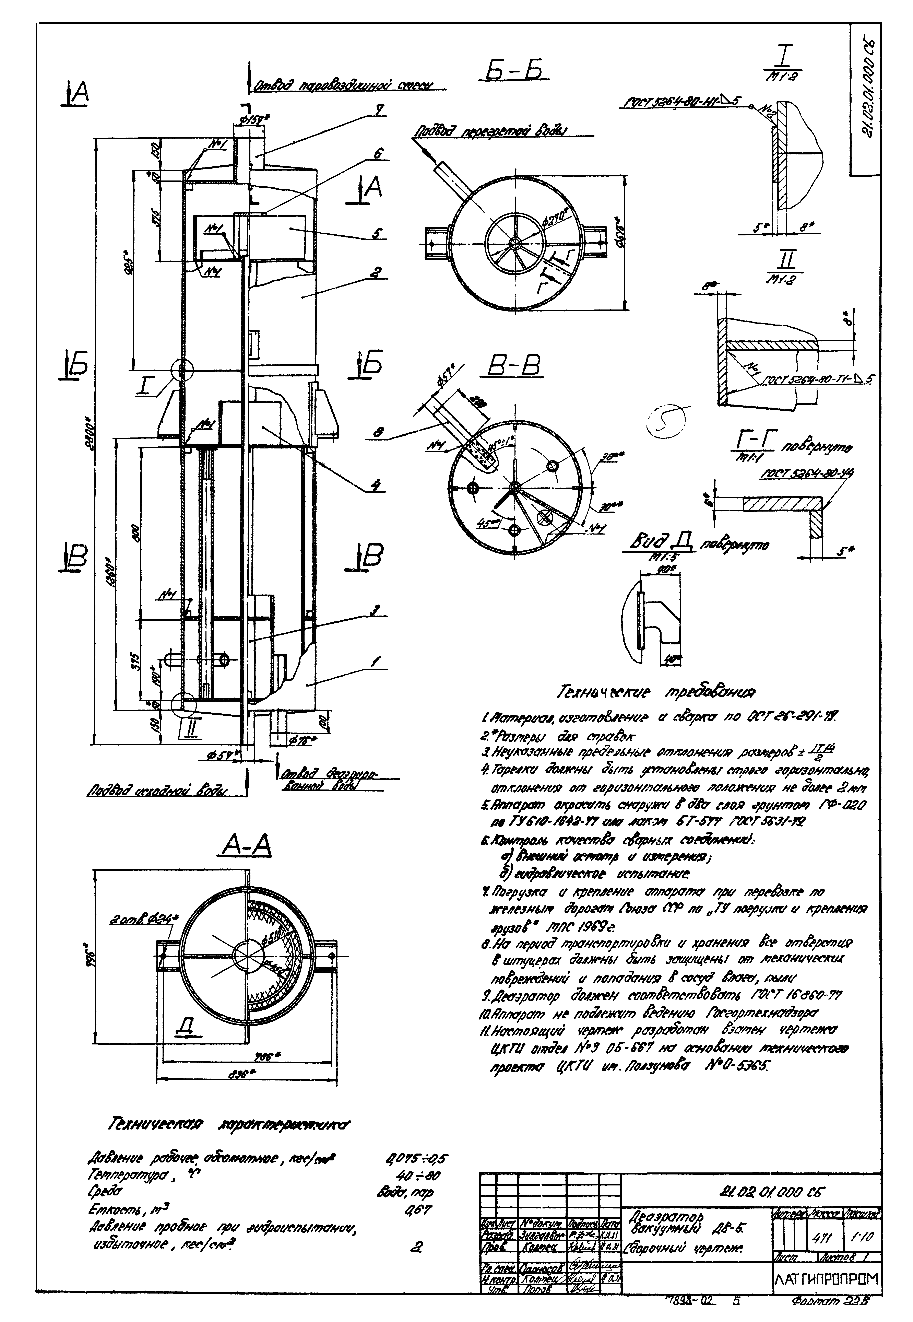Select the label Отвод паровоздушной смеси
coord(343,86)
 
